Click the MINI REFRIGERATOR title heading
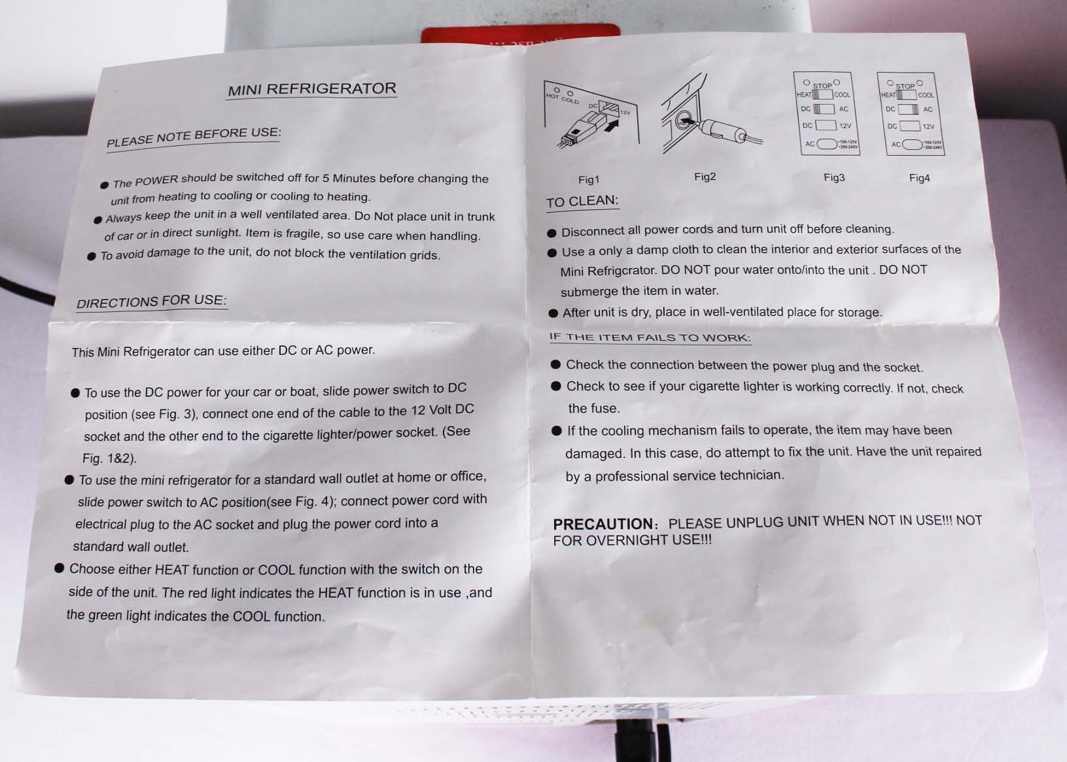[312, 89]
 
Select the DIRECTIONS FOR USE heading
[152, 302]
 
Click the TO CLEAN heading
[582, 201]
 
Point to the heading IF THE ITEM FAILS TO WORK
[650, 338]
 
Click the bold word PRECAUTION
[603, 524]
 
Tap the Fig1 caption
[588, 180]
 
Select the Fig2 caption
[705, 177]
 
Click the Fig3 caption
[834, 177]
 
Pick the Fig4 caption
[919, 178]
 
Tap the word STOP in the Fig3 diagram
[822, 86]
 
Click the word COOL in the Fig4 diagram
[926, 95]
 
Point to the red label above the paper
[520, 33]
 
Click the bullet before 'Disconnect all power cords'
[551, 233]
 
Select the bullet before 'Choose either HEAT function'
[59, 568]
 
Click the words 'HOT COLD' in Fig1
[563, 99]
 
